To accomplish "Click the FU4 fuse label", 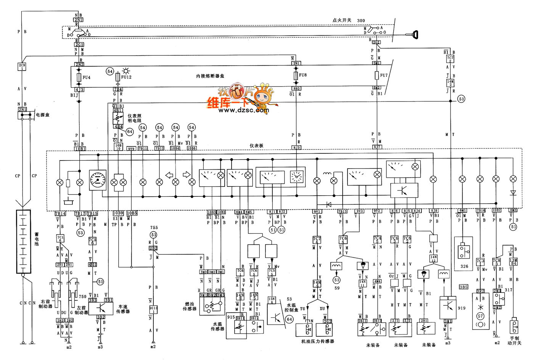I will pos(86,77).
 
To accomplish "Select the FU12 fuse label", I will pos(126,77).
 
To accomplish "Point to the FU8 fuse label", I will pos(303,75).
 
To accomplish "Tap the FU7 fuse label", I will pos(384,76).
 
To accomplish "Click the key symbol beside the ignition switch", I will pos(414,35).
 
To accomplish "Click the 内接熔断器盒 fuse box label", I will pos(210,76).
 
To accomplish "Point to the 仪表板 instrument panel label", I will pos(256,146).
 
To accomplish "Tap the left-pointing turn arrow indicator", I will pos(169,175).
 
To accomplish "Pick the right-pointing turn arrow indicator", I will pos(187,175).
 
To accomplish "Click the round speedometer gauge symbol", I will pos(98,179).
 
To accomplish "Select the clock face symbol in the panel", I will pos(296,177).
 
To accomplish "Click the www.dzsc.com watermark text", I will pos(243,111).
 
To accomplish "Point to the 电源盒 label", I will pos(42,115).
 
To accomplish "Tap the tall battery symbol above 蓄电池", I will pos(23,241).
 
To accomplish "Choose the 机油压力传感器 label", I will pos(317,341).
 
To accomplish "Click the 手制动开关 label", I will pos(514,340).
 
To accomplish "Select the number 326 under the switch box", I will pos(464,266).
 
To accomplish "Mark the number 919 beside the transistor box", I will pos(462,308).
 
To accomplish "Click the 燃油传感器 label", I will pos(190,306).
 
